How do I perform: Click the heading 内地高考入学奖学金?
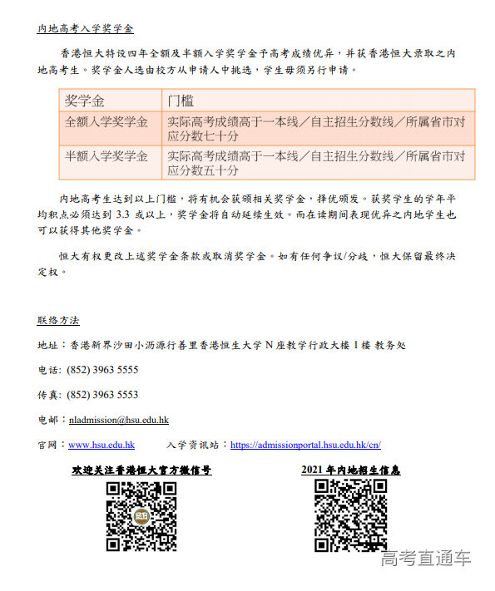[85, 28]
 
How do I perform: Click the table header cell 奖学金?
[86, 101]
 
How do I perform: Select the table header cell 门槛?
[181, 101]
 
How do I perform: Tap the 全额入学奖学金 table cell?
[106, 122]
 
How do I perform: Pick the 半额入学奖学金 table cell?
[106, 156]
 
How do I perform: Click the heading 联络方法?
[58, 320]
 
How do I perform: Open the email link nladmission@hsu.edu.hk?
[119, 421]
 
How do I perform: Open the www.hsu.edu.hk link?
[101, 445]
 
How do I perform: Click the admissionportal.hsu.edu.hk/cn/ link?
[305, 445]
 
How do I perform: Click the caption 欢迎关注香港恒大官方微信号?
[141, 470]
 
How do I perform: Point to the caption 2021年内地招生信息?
[350, 470]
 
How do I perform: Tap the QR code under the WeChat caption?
[141, 516]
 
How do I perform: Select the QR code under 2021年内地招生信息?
[350, 516]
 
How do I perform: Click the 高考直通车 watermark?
[426, 559]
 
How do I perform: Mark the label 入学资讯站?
[197, 445]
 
